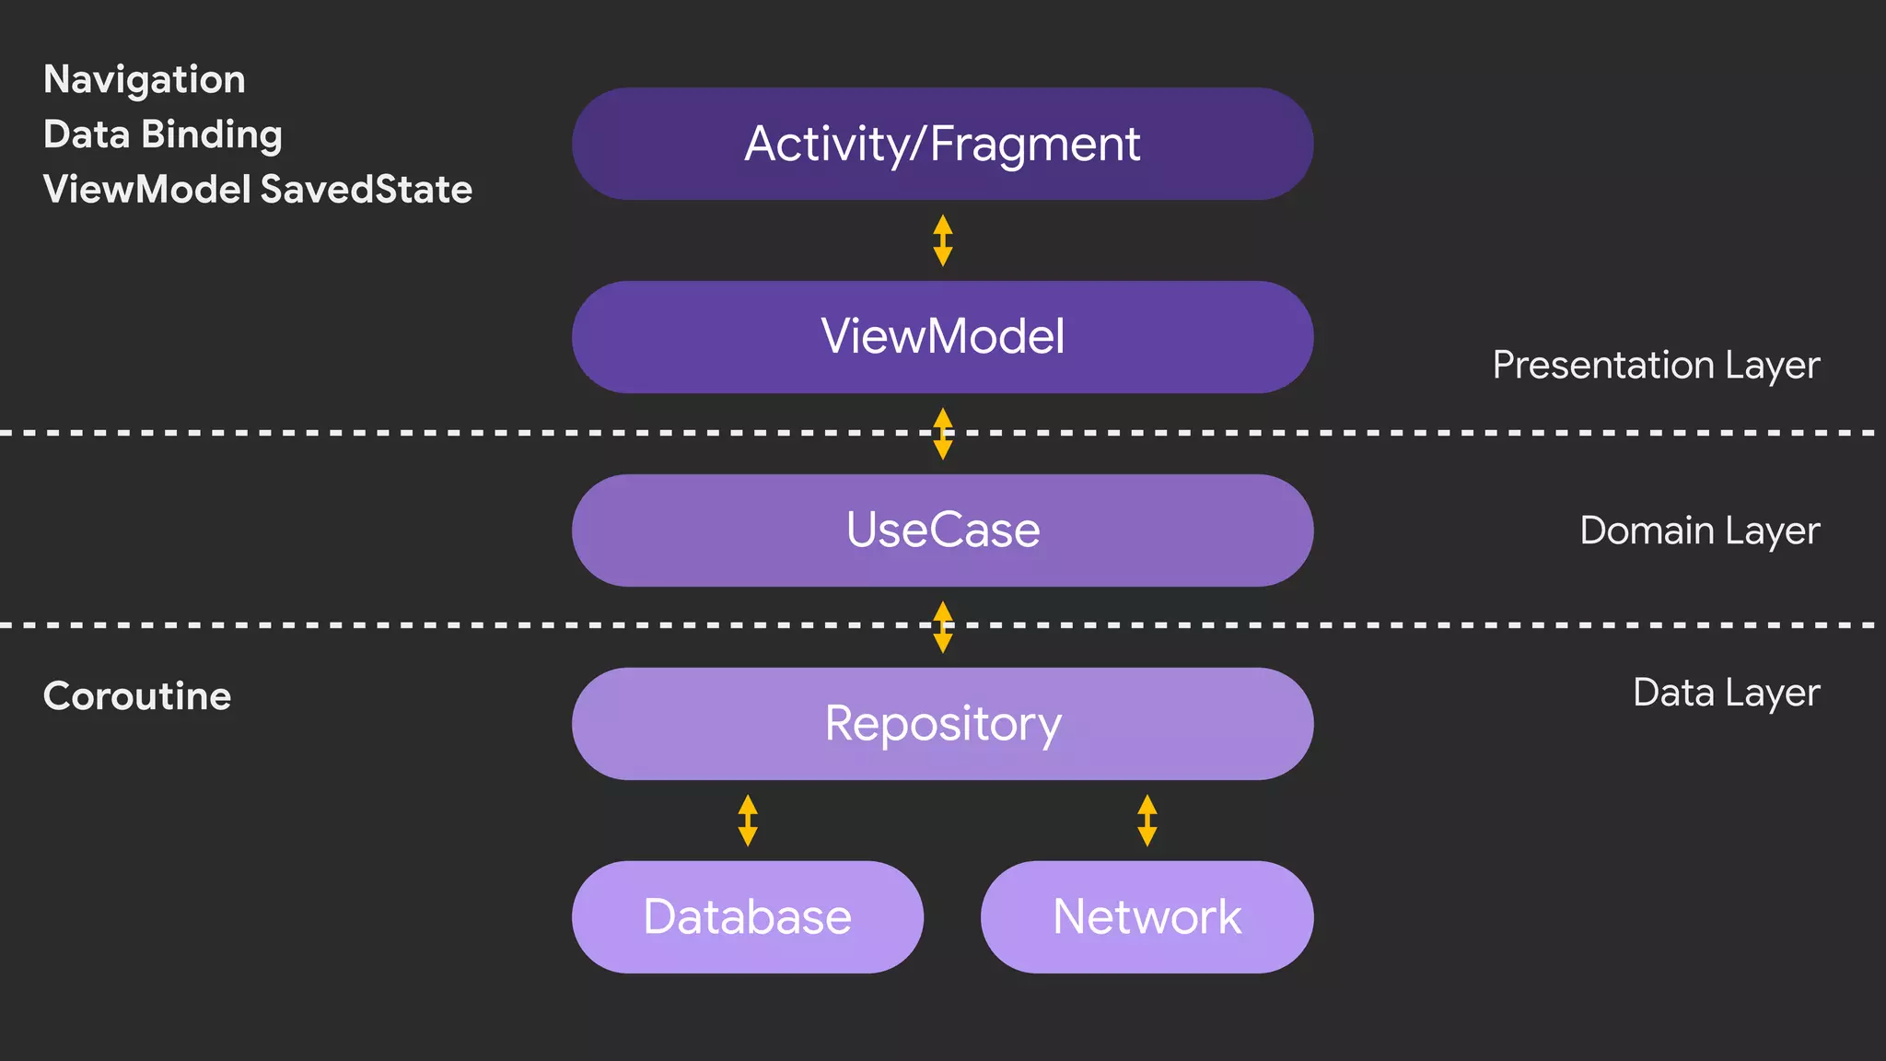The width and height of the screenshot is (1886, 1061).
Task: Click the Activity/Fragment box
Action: click(942, 145)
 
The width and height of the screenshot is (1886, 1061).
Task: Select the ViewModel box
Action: click(942, 337)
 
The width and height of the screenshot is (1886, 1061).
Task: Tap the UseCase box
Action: click(942, 530)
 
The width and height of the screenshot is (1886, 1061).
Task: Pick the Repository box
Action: click(942, 724)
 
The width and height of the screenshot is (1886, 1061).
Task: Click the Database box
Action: click(747, 917)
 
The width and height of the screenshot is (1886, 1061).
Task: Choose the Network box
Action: click(1147, 917)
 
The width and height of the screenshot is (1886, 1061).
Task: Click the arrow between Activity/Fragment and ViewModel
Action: click(942, 240)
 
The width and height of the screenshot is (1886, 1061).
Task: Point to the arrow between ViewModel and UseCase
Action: click(942, 434)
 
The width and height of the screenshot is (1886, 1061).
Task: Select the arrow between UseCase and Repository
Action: click(942, 627)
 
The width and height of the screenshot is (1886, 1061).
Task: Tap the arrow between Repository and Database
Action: click(748, 821)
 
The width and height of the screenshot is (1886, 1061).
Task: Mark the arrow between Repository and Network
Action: click(1147, 821)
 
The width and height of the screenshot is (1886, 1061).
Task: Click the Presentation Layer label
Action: click(1655, 366)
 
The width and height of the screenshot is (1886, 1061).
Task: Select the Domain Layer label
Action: click(1699, 531)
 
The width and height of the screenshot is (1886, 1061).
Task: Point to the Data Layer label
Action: click(1726, 694)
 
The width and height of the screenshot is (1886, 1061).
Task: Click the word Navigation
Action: click(145, 80)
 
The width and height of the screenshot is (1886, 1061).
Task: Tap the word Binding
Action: click(212, 135)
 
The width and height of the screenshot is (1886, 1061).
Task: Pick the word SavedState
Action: click(366, 190)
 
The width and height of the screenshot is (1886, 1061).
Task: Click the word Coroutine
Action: click(137, 696)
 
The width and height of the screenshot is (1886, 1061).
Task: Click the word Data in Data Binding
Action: click(87, 135)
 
